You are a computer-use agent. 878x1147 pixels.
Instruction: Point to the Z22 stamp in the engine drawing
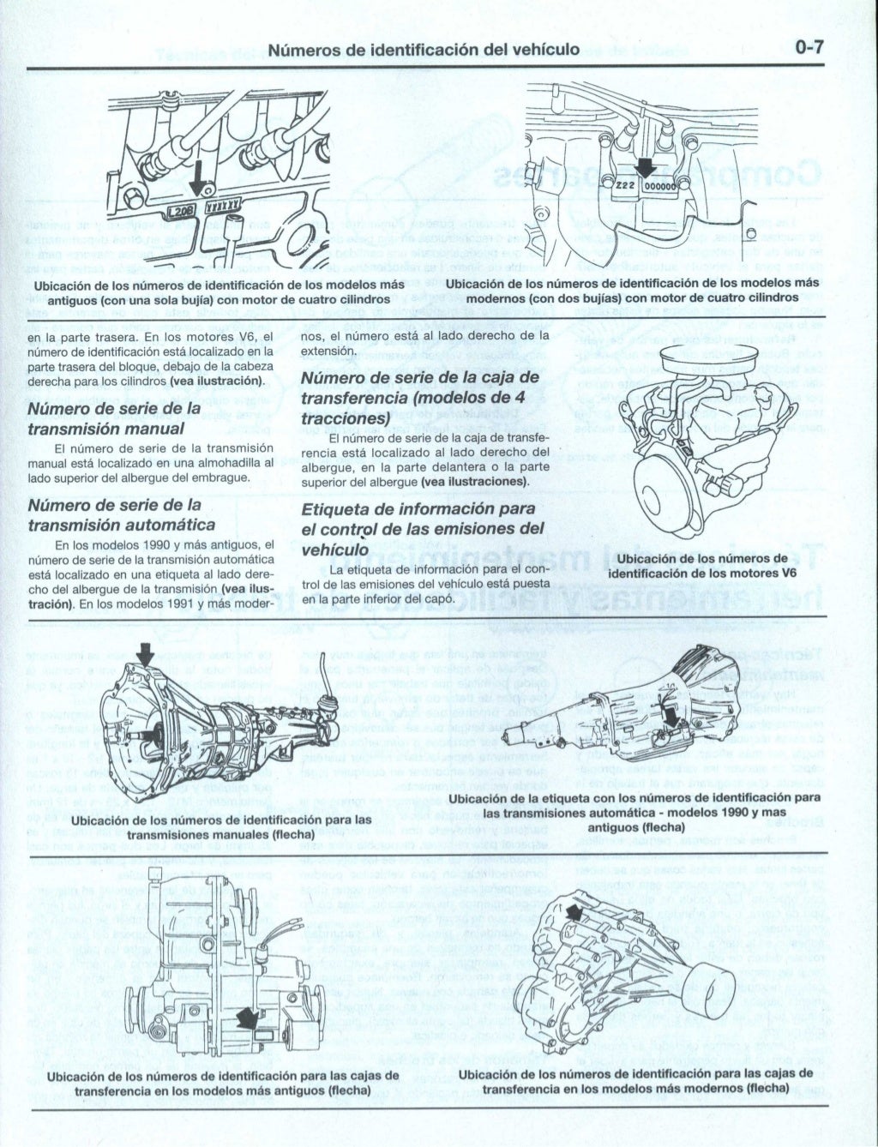coord(624,184)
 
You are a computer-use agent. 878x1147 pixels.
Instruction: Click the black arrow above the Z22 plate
coord(645,165)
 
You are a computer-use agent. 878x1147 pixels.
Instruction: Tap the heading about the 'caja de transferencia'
coord(420,397)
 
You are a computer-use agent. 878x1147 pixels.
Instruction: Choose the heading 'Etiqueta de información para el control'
coord(423,529)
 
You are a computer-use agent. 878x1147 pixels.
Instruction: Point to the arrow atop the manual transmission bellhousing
coord(146,657)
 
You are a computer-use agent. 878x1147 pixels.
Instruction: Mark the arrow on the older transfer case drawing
coord(250,1018)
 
